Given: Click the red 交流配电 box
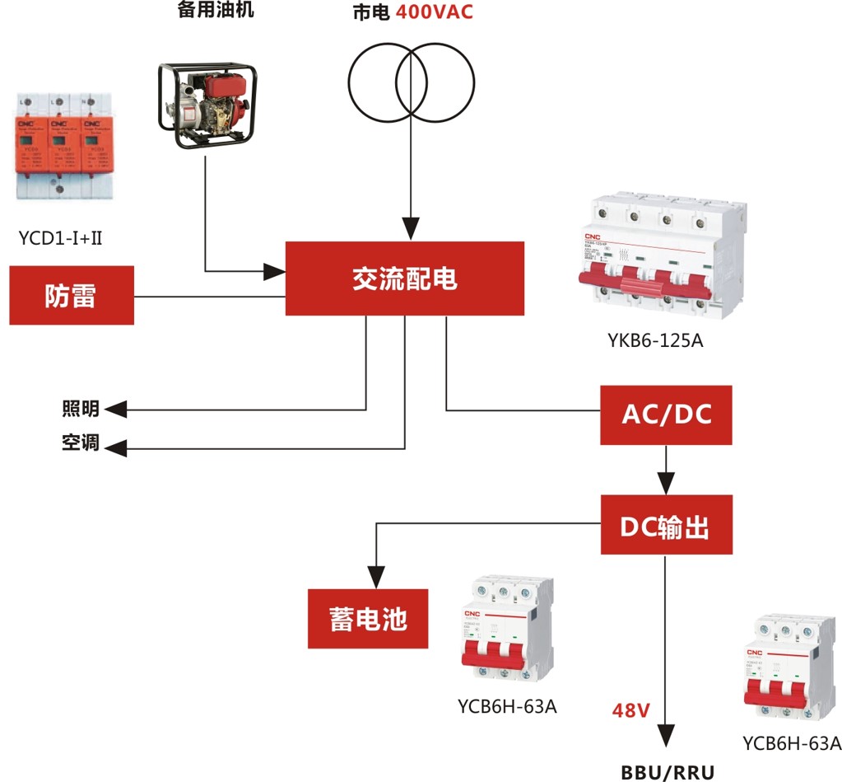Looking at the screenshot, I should click(404, 279).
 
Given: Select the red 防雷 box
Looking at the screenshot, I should click(72, 295).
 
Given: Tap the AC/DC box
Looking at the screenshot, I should click(666, 414).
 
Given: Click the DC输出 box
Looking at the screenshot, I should click(666, 525).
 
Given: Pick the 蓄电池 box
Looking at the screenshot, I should click(368, 619).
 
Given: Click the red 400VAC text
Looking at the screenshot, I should click(435, 12).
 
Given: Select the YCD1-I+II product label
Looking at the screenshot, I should click(60, 239).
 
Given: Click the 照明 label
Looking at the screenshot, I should click(80, 409).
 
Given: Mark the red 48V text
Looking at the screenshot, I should click(631, 709).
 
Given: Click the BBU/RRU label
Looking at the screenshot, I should click(668, 772).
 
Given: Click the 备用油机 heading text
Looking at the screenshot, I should click(216, 11).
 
